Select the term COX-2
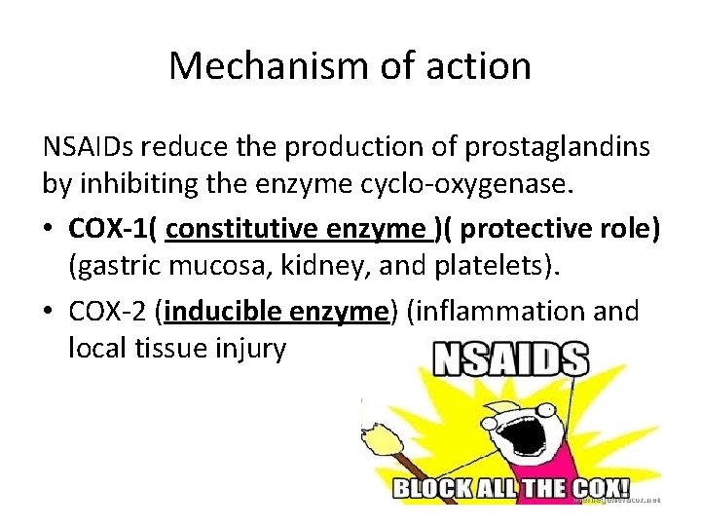(109, 312)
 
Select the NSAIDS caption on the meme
(511, 360)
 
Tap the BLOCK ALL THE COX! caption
(509, 489)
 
